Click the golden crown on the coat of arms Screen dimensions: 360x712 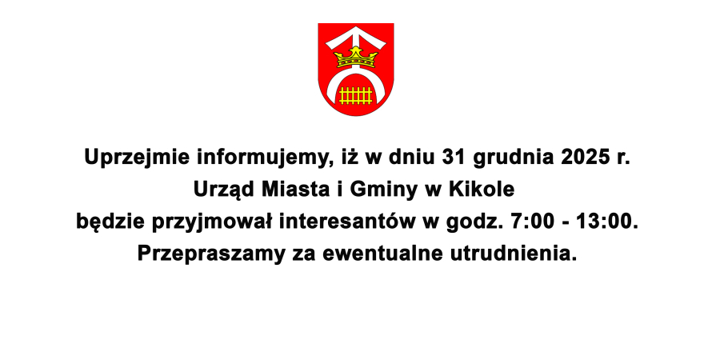tap(355, 57)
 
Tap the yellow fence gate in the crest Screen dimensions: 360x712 tap(355, 94)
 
